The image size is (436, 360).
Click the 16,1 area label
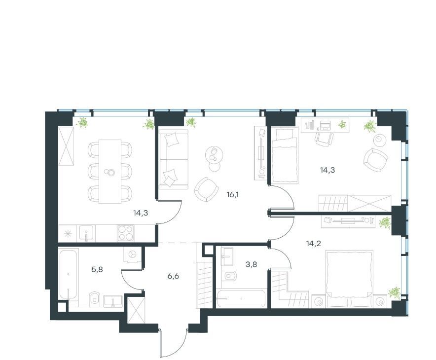(x=233, y=195)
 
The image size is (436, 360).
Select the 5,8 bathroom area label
(x=97, y=269)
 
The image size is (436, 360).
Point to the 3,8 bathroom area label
(x=251, y=264)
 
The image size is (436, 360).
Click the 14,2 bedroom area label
(x=314, y=244)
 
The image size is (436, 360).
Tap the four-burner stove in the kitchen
(x=126, y=233)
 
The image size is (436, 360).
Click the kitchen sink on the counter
(x=87, y=233)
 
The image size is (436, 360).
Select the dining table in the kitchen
(x=110, y=172)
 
